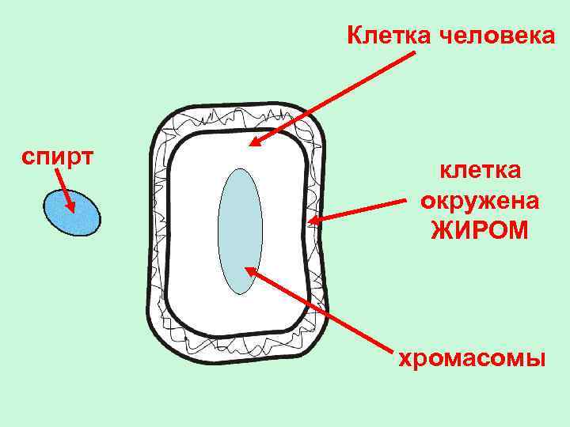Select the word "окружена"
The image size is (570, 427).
480,201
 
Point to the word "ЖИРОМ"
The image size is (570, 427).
480,231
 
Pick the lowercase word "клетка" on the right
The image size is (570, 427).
480,171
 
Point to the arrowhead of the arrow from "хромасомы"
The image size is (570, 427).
249,270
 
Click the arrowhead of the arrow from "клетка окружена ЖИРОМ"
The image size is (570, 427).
312,221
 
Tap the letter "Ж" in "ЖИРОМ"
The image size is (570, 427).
440,231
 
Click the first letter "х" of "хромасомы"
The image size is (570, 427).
403,361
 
